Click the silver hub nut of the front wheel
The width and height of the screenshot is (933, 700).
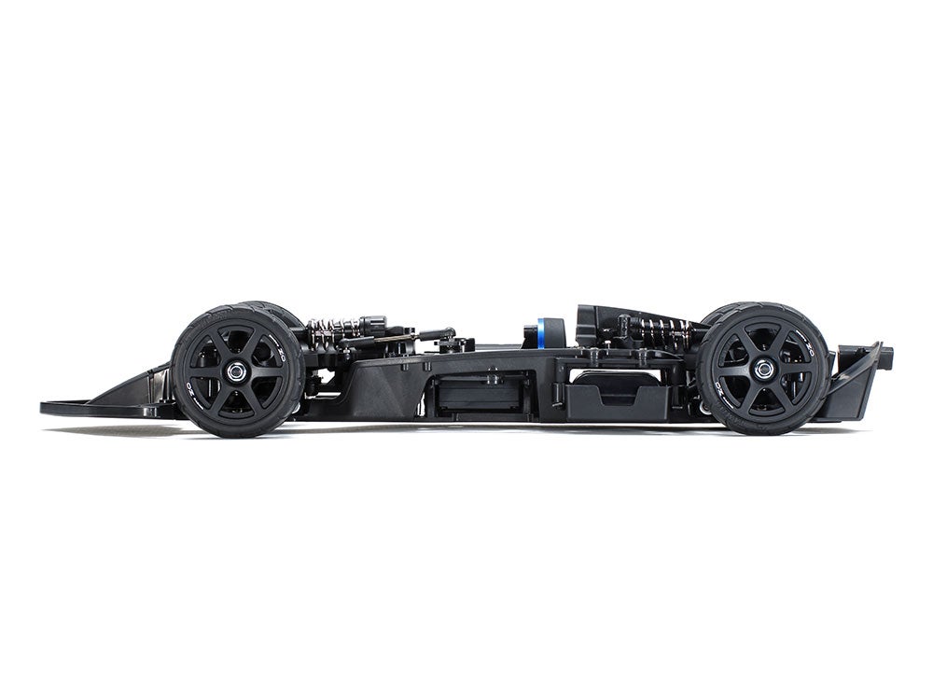click(237, 371)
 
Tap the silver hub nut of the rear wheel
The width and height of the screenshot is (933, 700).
click(763, 370)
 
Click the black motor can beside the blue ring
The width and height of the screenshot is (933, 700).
click(555, 333)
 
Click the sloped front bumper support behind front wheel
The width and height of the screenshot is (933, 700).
click(140, 390)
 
